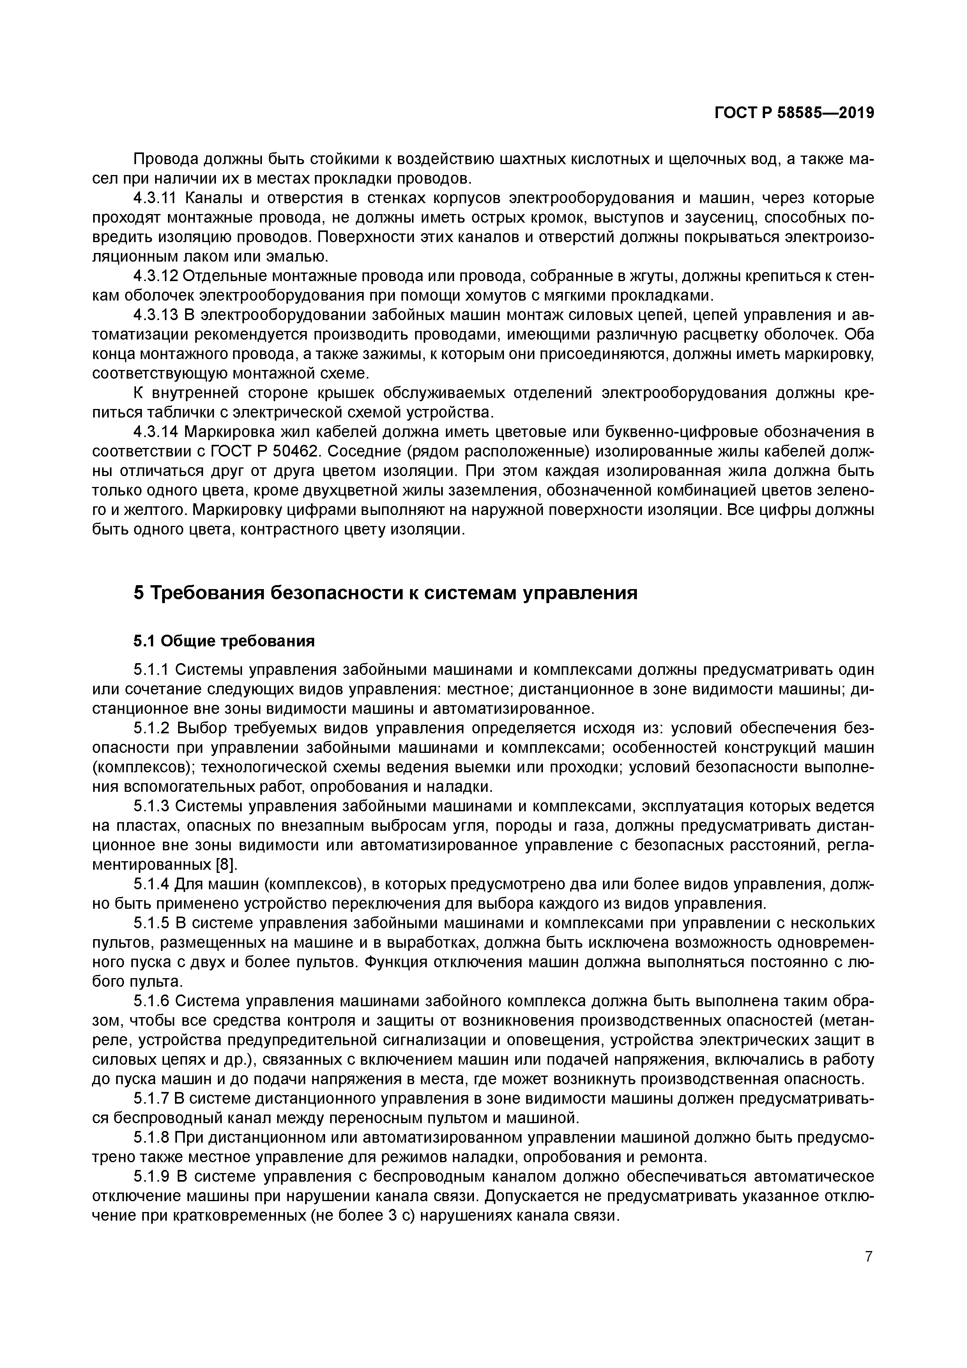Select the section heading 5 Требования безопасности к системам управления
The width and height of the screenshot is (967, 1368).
click(385, 593)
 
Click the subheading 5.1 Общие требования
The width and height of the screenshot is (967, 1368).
click(223, 641)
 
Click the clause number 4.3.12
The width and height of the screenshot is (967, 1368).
click(156, 276)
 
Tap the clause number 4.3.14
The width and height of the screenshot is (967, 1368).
click(156, 431)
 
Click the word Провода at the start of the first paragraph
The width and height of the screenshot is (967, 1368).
click(166, 159)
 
